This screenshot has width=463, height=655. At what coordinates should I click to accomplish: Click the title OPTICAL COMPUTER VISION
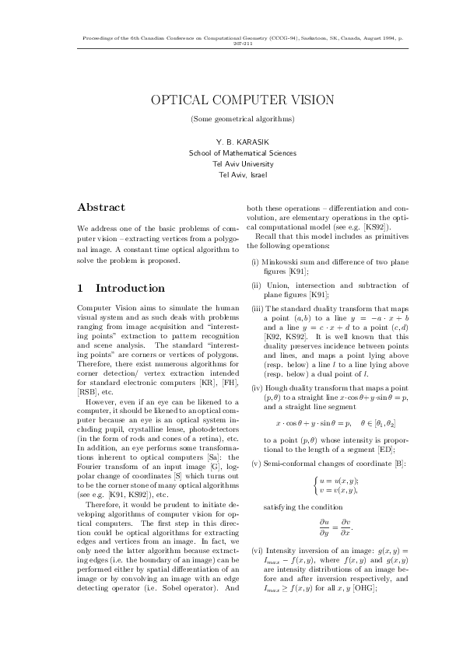(231, 100)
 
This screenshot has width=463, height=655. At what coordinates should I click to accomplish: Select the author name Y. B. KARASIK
(231, 142)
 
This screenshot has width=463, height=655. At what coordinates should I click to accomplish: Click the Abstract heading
(102, 208)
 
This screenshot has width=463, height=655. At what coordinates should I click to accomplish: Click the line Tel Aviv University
(231, 164)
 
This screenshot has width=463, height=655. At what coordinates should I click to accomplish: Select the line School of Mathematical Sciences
(231, 153)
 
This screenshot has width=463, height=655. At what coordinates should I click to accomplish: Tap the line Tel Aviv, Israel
(231, 175)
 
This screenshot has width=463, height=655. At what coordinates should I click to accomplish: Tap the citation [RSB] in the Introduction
(89, 392)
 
